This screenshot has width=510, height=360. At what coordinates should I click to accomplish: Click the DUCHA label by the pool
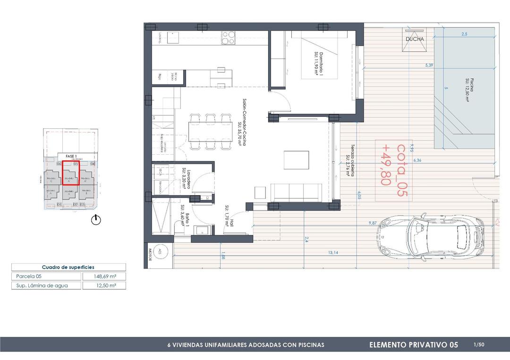[x=415, y=39]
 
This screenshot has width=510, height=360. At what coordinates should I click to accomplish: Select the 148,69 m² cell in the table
[x=103, y=276]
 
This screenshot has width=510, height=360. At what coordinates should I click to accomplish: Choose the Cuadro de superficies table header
[x=68, y=267]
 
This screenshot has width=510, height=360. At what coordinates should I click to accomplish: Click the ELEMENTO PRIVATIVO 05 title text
[x=414, y=345]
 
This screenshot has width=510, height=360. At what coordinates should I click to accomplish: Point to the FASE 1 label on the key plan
[x=71, y=157]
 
